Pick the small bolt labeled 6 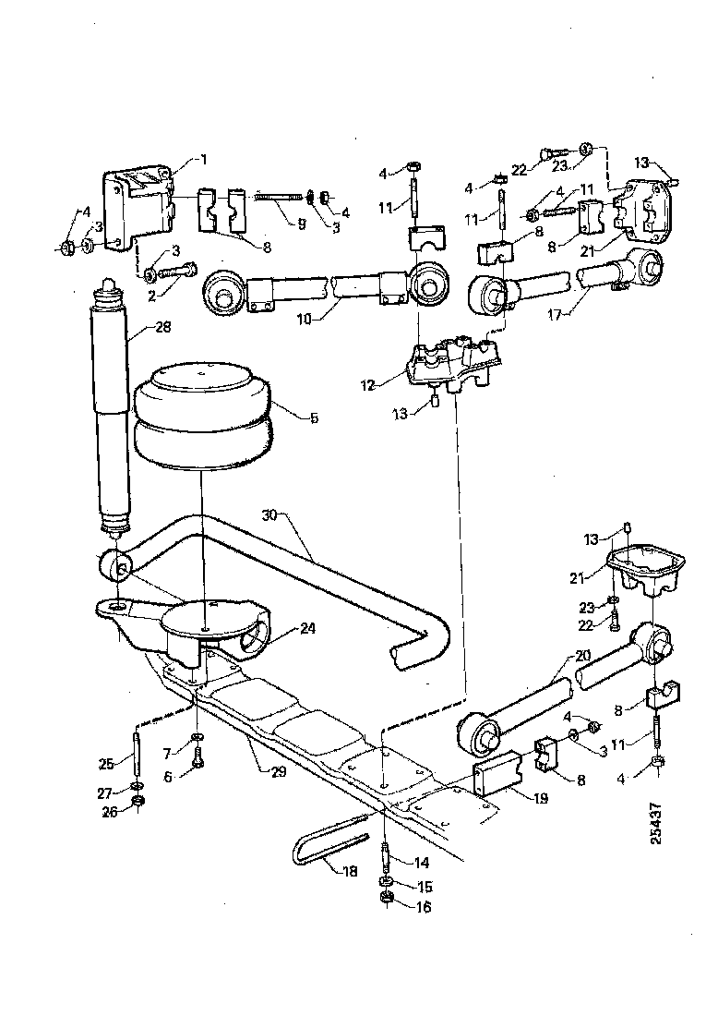coord(198,761)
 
